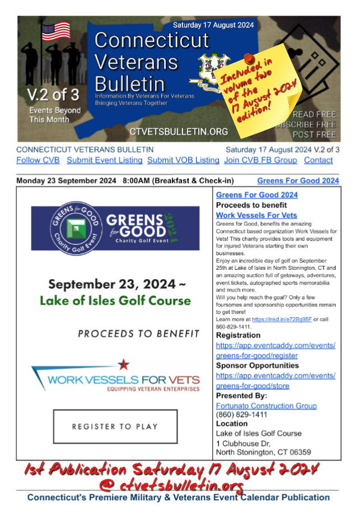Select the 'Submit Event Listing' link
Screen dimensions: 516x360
[x=104, y=160]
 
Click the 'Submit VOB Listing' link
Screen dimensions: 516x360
[x=183, y=160]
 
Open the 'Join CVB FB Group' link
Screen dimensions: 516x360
[x=260, y=160]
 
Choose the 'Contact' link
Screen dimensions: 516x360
[x=318, y=160]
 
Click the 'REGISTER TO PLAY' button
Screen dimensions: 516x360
[x=115, y=426]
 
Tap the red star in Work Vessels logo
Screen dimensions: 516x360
[x=123, y=365]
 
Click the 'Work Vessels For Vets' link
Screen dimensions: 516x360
[x=256, y=215]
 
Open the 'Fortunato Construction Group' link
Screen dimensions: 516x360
[x=267, y=406]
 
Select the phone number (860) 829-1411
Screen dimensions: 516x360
[x=241, y=415]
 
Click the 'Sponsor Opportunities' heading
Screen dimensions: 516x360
[x=258, y=365]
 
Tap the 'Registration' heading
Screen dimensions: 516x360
[x=238, y=335]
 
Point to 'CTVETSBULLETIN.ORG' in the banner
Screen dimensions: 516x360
[x=179, y=132]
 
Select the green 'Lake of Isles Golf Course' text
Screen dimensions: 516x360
[x=115, y=301]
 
